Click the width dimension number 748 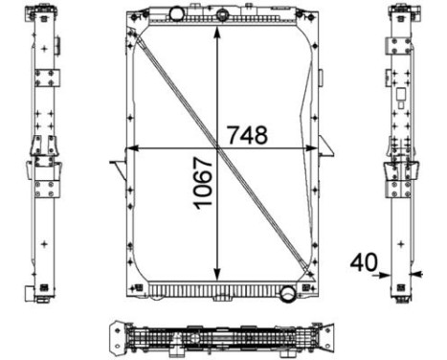click(248, 135)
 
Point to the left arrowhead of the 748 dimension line click(133, 148)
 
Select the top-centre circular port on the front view click(222, 15)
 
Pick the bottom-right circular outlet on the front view click(284, 293)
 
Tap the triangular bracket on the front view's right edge click(326, 146)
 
